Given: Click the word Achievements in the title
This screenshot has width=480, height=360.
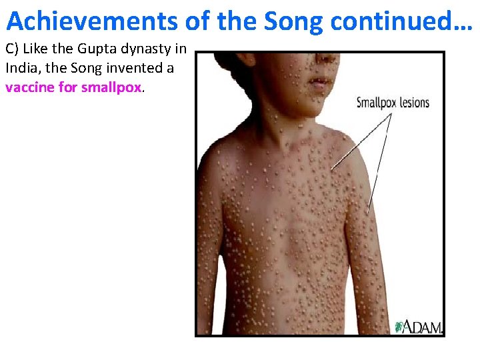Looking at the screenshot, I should pyautogui.click(x=91, y=21).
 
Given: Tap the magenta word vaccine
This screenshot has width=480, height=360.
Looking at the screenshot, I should pyautogui.click(x=29, y=87).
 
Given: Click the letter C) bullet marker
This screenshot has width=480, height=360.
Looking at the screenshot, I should pyautogui.click(x=13, y=49).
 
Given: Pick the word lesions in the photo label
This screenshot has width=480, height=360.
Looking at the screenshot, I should pyautogui.click(x=415, y=103).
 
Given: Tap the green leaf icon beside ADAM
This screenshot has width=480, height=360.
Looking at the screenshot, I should pyautogui.click(x=400, y=326).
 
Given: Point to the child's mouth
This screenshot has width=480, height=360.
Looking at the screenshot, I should pyautogui.click(x=320, y=83).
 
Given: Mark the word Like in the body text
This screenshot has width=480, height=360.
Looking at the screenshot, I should pyautogui.click(x=37, y=49).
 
